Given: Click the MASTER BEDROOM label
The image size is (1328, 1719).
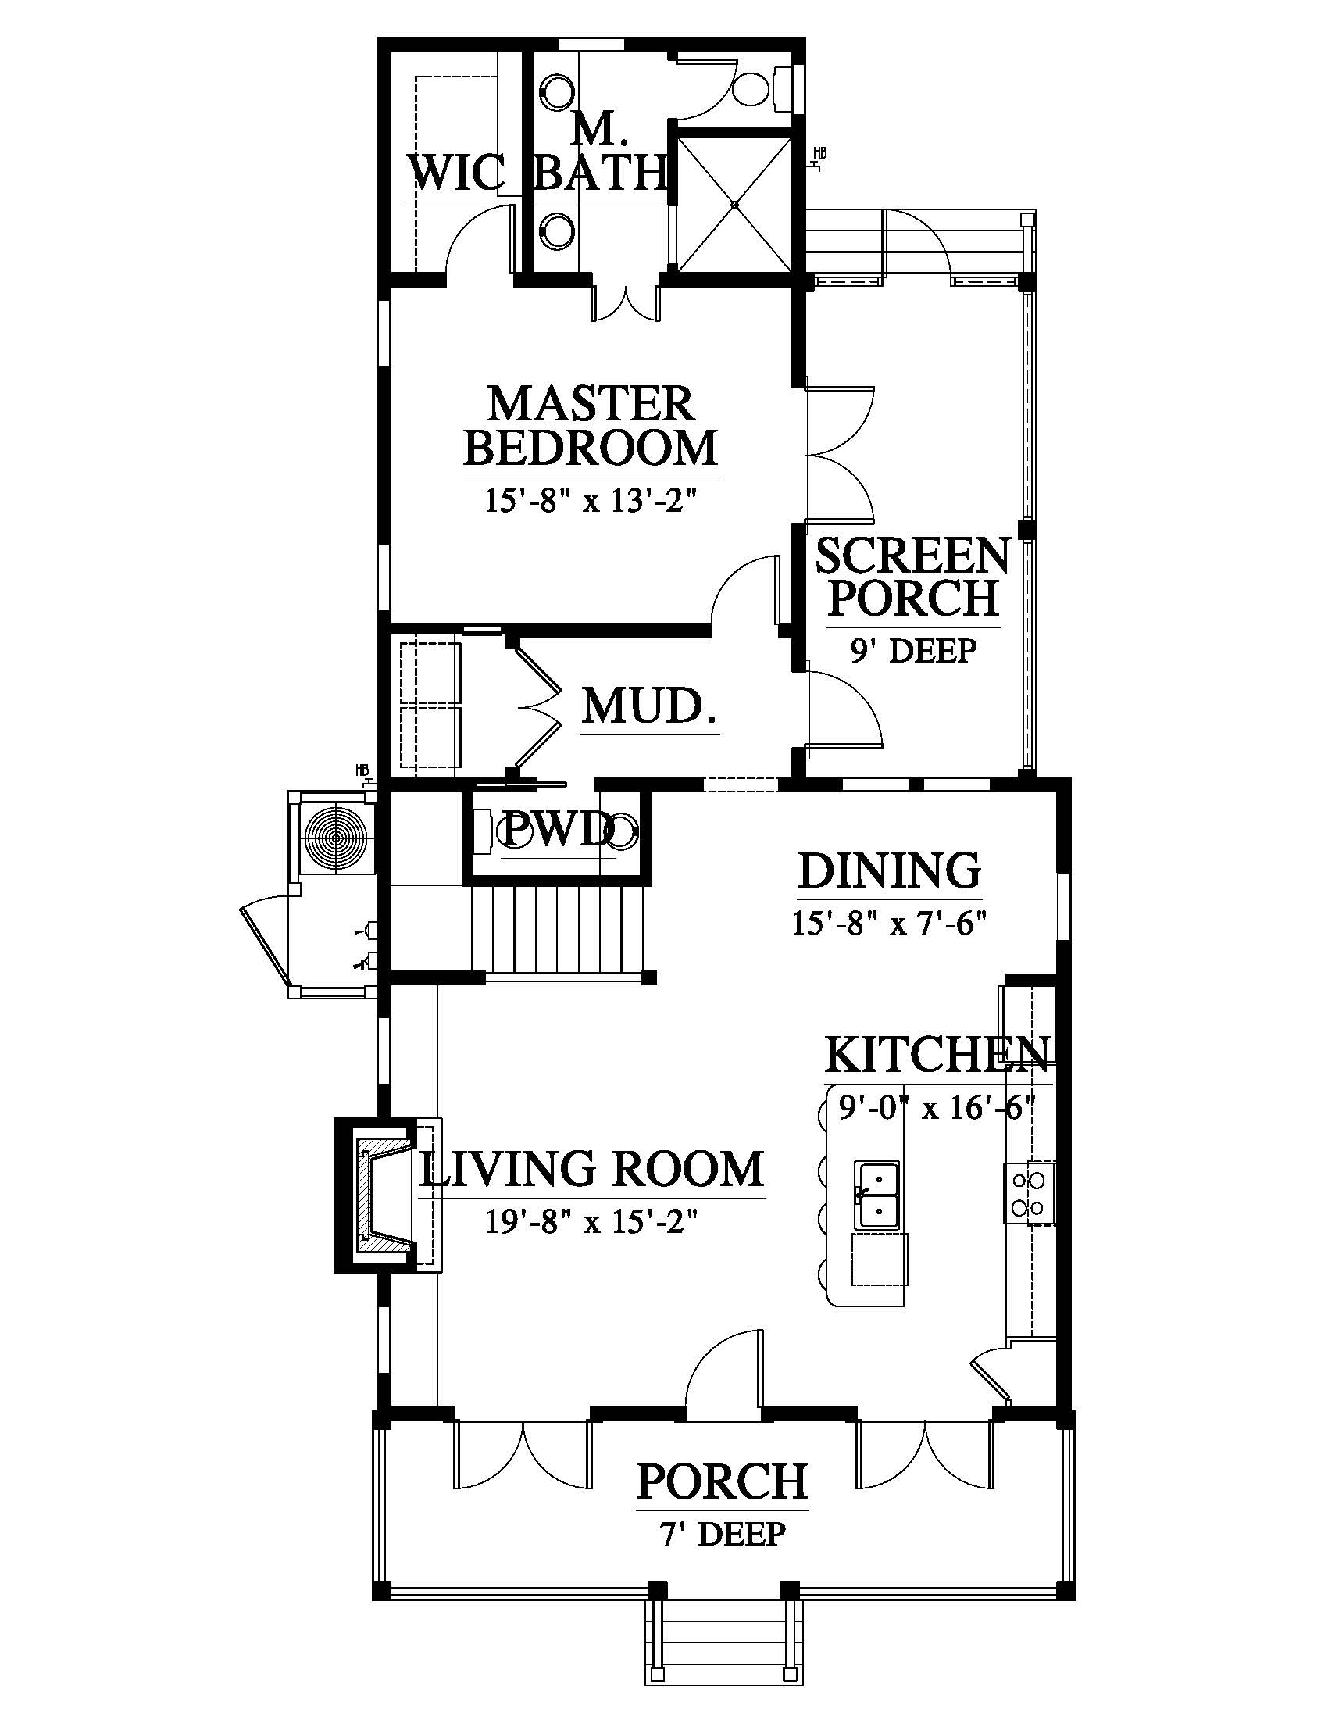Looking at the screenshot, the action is tap(591, 425).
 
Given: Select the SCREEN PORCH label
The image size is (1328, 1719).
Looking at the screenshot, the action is tap(912, 577).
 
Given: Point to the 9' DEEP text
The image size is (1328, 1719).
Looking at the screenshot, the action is tap(913, 651).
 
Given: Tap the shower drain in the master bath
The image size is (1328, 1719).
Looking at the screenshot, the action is tap(735, 204).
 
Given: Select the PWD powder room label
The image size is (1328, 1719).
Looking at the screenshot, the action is tap(558, 829).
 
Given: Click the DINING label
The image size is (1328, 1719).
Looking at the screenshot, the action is tap(890, 870).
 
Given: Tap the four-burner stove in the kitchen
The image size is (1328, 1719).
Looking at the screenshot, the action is tap(1029, 1192).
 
